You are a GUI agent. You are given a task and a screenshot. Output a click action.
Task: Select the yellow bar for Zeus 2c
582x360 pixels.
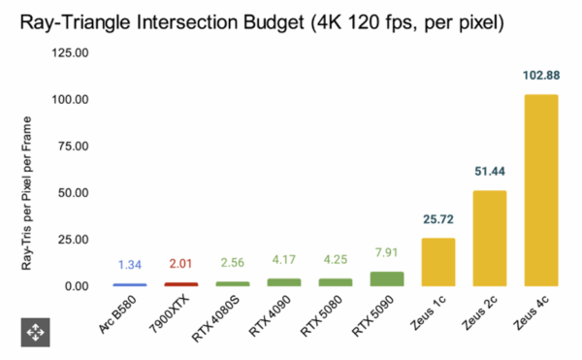click(x=489, y=238)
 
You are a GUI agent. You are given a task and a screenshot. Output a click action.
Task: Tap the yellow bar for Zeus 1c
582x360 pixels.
click(x=437, y=262)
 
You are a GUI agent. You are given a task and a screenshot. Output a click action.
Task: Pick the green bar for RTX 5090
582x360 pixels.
click(x=386, y=278)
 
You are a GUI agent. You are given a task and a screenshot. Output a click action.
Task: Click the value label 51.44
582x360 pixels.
click(x=489, y=173)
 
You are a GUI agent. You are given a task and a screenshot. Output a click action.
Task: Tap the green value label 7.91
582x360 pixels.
click(x=386, y=255)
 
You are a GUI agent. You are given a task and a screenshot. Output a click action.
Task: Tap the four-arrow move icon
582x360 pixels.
click(x=34, y=332)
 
